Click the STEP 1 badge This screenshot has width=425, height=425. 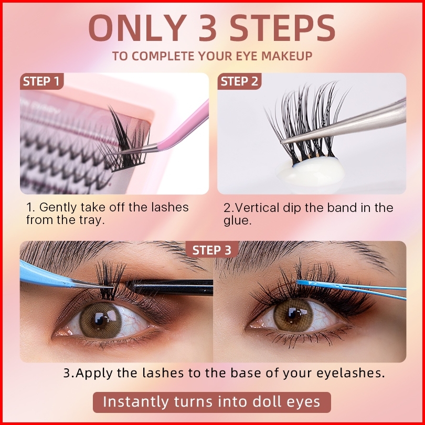(x=42, y=81)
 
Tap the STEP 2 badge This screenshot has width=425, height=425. (x=239, y=81)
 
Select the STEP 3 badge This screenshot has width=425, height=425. (x=212, y=249)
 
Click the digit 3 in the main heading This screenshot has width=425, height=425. (x=208, y=28)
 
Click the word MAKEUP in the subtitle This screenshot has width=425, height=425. (x=287, y=56)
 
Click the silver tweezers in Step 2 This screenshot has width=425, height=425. (x=344, y=125)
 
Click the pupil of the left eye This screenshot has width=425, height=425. (x=100, y=320)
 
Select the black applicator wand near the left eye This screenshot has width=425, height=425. (x=169, y=288)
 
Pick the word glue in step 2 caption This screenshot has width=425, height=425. (x=238, y=220)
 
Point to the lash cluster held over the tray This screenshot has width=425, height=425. (x=125, y=141)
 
